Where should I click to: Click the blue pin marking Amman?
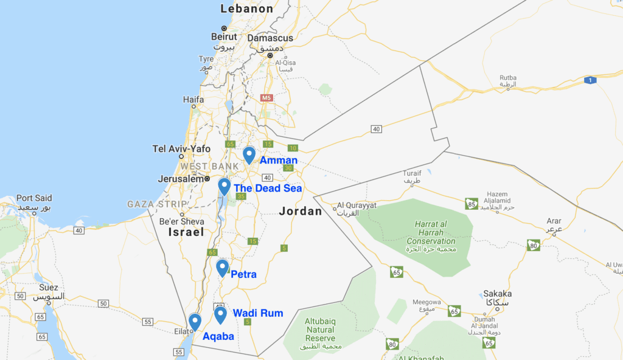click(249, 154)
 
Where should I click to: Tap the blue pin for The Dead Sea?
click(224, 185)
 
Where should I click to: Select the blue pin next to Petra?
click(222, 267)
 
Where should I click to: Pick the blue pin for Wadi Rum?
click(220, 314)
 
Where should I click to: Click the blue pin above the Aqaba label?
click(195, 321)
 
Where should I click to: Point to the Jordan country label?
click(300, 212)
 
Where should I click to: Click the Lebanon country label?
click(246, 9)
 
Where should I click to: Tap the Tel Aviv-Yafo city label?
click(181, 149)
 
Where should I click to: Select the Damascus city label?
click(271, 38)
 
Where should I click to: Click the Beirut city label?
click(223, 37)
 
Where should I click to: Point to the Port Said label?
click(34, 198)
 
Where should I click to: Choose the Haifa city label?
click(193, 99)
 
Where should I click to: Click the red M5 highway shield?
click(266, 97)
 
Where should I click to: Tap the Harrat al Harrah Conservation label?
click(431, 232)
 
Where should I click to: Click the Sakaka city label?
click(497, 293)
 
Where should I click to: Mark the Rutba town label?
click(507, 78)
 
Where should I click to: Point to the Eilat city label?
click(182, 331)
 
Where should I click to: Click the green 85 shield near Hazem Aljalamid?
click(470, 203)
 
